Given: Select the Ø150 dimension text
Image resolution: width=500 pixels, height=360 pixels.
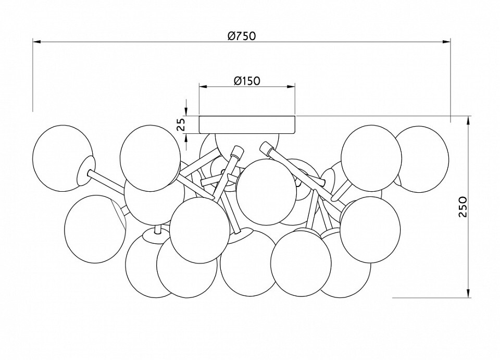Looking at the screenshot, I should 247,81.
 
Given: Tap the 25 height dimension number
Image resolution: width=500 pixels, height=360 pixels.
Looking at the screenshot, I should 181,124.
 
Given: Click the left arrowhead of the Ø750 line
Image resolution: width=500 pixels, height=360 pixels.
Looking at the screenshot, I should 36,41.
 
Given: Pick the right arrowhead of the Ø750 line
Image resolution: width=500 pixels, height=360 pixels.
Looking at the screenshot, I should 447,41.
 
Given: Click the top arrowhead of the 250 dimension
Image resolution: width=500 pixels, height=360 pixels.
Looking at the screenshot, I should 470,119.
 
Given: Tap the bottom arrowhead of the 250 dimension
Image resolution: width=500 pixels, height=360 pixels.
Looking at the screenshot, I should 470,294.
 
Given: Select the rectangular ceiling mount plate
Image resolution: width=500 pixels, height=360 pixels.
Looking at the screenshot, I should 247,125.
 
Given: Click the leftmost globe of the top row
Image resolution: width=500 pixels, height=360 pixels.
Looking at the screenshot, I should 58,151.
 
